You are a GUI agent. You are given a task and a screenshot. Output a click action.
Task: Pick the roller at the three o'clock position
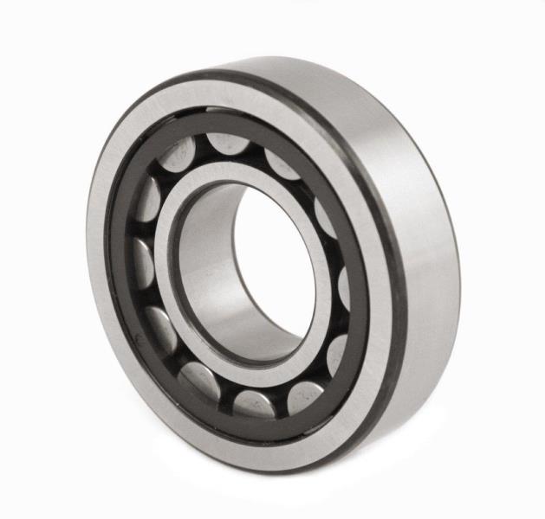pos(341,285)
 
